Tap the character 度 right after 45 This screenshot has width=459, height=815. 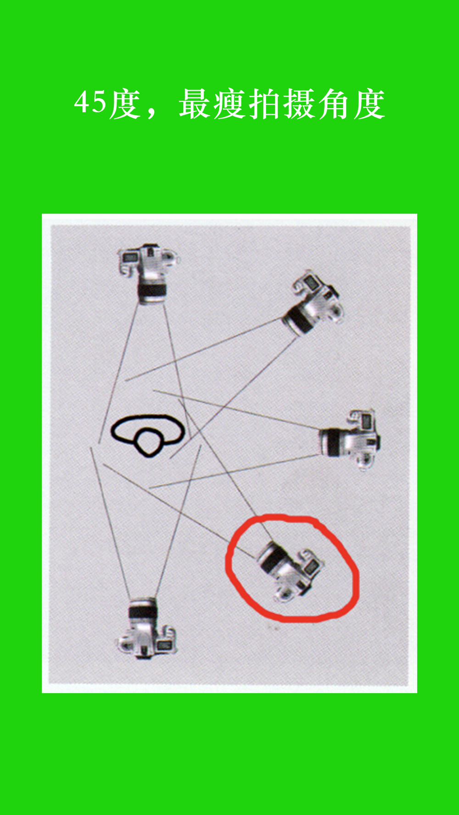click(x=124, y=104)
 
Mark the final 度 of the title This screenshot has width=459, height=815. click(x=369, y=104)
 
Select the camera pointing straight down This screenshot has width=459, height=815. click(x=148, y=274)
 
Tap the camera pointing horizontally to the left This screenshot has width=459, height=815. click(x=351, y=440)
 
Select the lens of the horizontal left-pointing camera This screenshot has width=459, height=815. click(x=331, y=442)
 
